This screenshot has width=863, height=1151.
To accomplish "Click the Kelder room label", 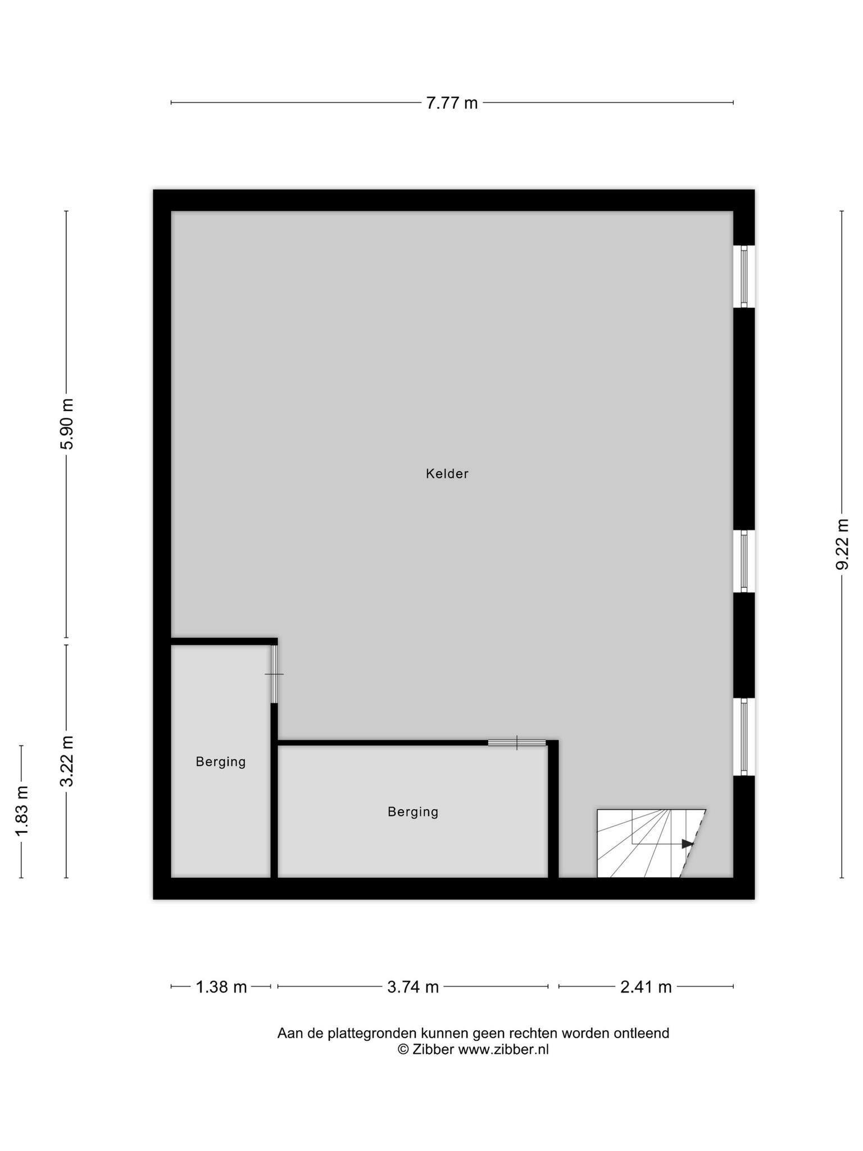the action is pos(447,474).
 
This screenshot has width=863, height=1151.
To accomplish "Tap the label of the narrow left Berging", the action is pos(221,762).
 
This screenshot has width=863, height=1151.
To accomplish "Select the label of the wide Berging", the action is pos(413,812).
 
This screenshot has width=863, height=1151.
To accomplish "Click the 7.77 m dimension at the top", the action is pos(452,103).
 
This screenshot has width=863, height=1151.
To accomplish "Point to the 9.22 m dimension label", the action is pos(842,544).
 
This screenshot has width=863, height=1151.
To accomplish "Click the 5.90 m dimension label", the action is pos(67,424).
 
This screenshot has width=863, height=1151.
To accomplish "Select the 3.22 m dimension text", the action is pos(67,762).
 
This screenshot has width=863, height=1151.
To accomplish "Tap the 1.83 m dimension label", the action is pos(22,811).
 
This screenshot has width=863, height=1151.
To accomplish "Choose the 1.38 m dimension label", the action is pos(221,987).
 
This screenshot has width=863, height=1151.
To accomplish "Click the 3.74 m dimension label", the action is pos(413,987).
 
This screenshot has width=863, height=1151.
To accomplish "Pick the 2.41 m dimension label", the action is pos(646,987).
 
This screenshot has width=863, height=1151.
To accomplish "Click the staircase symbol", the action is pos(651,843).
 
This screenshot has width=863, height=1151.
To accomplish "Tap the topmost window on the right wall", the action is pos(744,277).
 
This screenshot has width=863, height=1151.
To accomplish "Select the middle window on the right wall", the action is pos(744,561).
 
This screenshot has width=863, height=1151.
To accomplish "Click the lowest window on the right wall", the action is pos(744,737).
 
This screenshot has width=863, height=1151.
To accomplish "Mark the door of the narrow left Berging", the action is pos(274,674).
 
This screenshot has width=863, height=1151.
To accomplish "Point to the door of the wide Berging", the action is pos(517,742).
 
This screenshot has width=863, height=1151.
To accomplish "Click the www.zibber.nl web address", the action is pos(503,1049).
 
